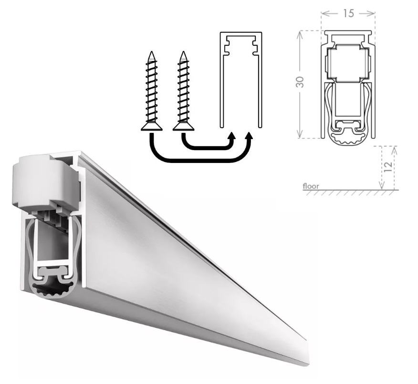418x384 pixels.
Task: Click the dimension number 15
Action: tap(348, 13)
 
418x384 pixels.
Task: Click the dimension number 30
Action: tap(300, 82)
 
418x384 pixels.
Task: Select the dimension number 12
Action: tap(389, 166)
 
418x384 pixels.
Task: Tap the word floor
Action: tap(311, 186)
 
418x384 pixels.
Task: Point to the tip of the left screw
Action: tap(152, 51)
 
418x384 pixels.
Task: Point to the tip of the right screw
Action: tap(183, 51)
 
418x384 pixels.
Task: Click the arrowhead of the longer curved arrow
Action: tap(249, 136)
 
